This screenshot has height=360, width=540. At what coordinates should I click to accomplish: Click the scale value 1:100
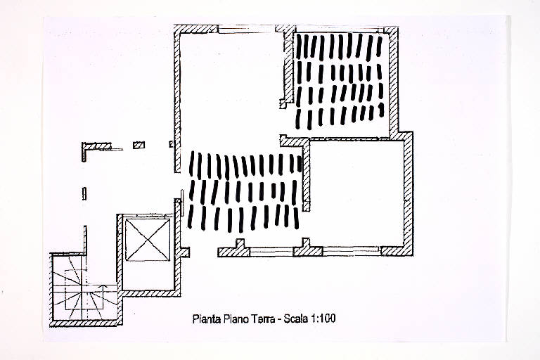click(323, 319)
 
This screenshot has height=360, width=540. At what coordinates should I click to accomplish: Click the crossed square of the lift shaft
click(148, 240)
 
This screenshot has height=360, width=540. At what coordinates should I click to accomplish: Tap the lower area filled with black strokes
click(244, 191)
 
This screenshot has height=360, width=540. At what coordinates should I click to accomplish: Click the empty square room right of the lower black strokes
click(356, 193)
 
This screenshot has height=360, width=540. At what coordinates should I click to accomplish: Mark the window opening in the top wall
click(247, 30)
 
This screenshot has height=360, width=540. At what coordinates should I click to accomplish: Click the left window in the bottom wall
click(271, 252)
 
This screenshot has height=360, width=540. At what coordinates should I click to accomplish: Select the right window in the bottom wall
click(352, 251)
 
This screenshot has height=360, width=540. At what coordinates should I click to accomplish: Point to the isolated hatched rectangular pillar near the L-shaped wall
click(139, 145)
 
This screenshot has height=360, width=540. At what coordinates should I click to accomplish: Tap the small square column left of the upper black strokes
click(283, 104)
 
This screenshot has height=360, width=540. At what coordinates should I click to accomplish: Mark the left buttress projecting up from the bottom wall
click(240, 243)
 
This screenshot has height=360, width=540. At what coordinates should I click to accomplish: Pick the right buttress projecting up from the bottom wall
click(305, 243)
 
